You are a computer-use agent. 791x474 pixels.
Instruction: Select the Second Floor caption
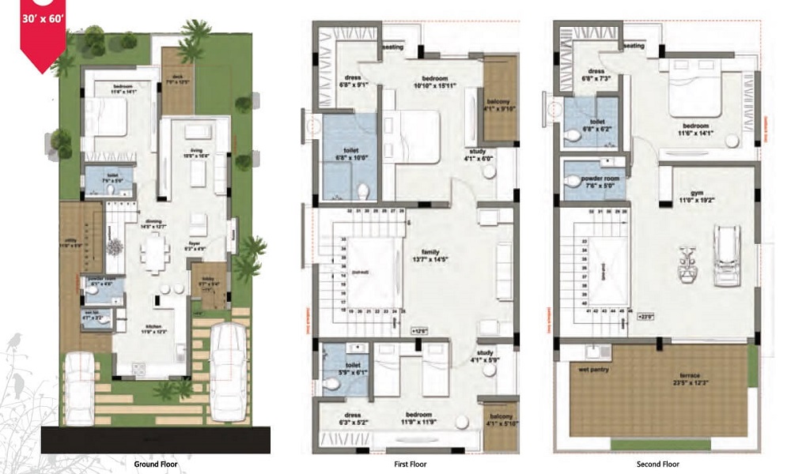pyautogui.click(x=657, y=465)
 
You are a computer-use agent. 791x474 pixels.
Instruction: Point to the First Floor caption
pyautogui.click(x=411, y=465)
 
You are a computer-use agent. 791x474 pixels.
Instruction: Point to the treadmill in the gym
pyautogui.click(x=726, y=255)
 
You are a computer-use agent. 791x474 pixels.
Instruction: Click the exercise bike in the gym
pyautogui.click(x=686, y=263)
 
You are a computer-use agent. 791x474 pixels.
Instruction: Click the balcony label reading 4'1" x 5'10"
pyautogui.click(x=498, y=421)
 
